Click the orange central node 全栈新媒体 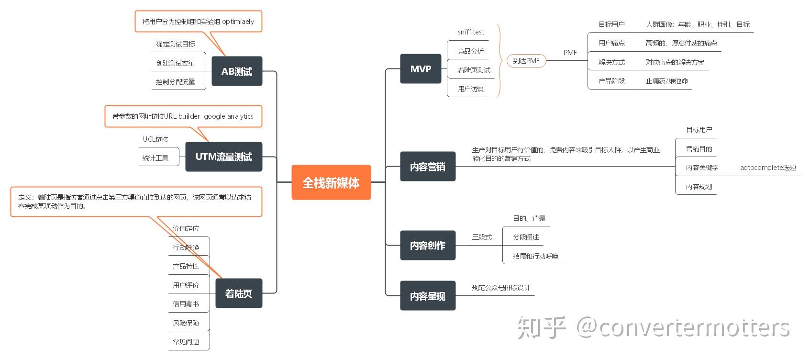pos(331,182)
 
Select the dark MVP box pos(421,69)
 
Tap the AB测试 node pos(237,71)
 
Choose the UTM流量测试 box pos(223,157)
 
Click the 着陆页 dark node pos(238,293)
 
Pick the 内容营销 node pos(427,167)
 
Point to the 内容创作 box pos(427,245)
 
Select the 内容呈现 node pos(427,296)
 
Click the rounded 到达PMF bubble pos(526,61)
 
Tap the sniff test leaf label pos(471,32)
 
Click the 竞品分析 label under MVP pos(470,51)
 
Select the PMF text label pos(570,53)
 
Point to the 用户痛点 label pos(611,43)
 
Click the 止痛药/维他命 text pos(667,81)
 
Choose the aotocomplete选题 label pos(768,168)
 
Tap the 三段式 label pos(482,237)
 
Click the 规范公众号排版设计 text pos(501,288)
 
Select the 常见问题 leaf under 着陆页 pos(186,342)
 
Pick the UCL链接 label pos(155,139)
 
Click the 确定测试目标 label pos(176,44)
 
